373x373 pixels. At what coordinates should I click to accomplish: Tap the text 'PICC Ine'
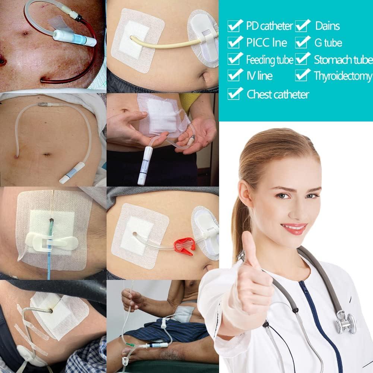tap(266, 43)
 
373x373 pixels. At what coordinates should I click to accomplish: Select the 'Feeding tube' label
tap(269, 60)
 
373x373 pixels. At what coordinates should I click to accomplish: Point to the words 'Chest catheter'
tap(278, 95)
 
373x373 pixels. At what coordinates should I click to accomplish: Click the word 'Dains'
tap(327, 26)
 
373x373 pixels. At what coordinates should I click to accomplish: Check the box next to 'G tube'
tap(302, 42)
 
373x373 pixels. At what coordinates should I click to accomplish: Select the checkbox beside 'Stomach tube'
tap(302, 59)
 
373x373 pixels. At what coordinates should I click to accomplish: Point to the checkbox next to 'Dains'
tap(302, 26)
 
